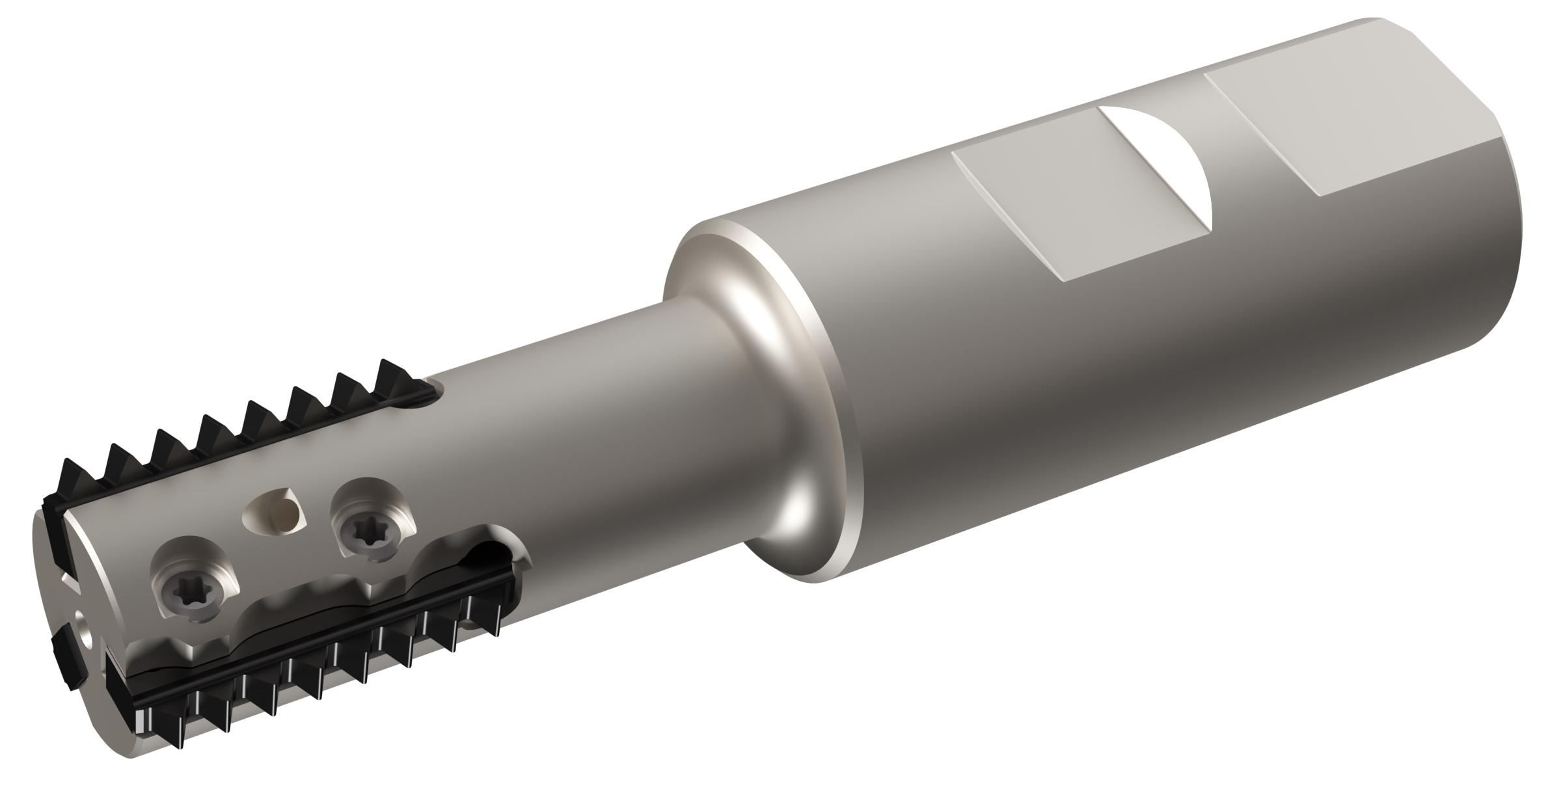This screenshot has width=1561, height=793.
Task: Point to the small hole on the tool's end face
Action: pos(81,626)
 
